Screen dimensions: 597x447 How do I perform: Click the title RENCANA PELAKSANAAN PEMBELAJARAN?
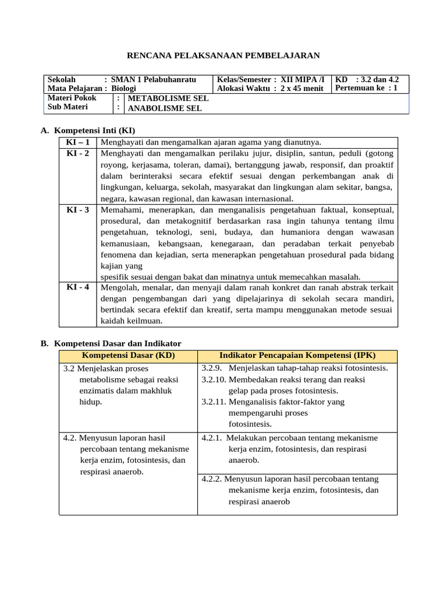tap(223, 55)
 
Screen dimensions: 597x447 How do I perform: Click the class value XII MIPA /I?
tap(303, 79)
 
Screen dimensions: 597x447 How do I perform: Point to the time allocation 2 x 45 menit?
tap(302, 89)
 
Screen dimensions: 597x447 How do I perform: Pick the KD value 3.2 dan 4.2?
tap(381, 79)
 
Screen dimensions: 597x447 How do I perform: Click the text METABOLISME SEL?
tap(168, 99)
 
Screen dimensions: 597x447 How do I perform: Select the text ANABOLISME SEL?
tap(165, 108)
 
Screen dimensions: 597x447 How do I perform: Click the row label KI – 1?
tap(77, 142)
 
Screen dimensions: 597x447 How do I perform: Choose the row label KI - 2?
tap(77, 153)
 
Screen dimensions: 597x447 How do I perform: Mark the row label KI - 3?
tap(77, 209)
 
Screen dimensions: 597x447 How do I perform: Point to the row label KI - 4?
tap(77, 287)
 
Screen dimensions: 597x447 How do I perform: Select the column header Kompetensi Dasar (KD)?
tap(128, 356)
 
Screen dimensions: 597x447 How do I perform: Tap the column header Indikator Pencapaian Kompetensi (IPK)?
tap(297, 356)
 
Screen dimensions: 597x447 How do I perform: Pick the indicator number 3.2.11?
tap(214, 402)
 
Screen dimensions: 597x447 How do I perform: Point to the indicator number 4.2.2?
tap(211, 479)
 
